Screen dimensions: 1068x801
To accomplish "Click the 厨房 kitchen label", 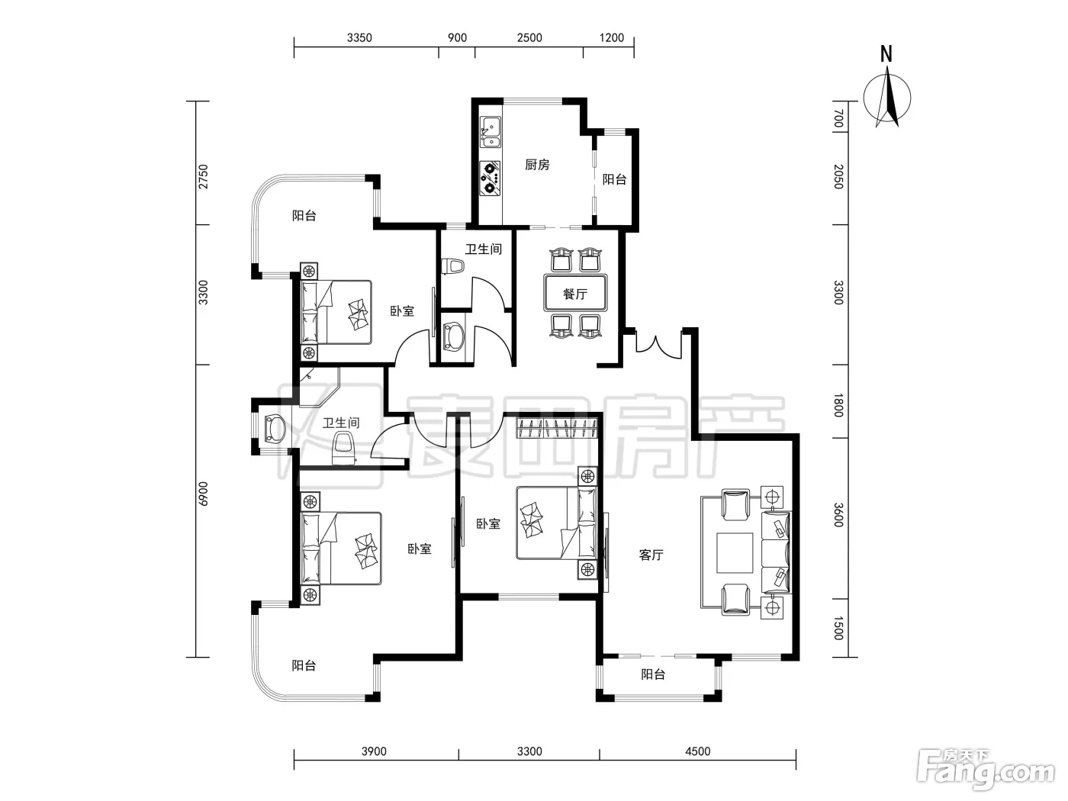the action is [x=537, y=165].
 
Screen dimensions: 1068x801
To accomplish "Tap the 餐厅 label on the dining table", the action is [x=574, y=294].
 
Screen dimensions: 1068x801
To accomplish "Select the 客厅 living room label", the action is [x=651, y=555].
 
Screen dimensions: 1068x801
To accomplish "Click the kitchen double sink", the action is [x=490, y=132].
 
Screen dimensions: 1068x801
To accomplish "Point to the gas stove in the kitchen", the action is [x=490, y=179].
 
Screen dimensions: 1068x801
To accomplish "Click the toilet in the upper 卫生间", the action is [x=452, y=266].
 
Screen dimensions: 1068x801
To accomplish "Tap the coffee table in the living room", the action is [x=734, y=552].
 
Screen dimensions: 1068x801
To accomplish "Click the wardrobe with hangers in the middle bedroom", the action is [x=557, y=429].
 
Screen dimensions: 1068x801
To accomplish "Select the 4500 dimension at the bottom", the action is [x=698, y=751].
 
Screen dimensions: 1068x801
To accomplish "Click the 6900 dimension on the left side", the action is [x=203, y=494].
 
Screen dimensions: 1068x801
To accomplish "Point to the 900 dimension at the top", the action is [x=457, y=38].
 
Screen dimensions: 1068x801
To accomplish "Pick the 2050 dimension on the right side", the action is [x=838, y=176].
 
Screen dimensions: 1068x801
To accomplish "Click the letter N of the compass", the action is [x=886, y=54].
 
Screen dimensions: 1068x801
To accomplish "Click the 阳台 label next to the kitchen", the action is [x=614, y=179].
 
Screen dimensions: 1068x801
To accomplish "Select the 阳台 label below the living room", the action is [x=653, y=674].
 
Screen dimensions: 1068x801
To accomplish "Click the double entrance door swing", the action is [x=658, y=346].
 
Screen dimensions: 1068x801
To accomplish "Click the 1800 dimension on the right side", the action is [x=838, y=404].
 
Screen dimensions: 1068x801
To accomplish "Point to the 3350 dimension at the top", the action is [x=359, y=38].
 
